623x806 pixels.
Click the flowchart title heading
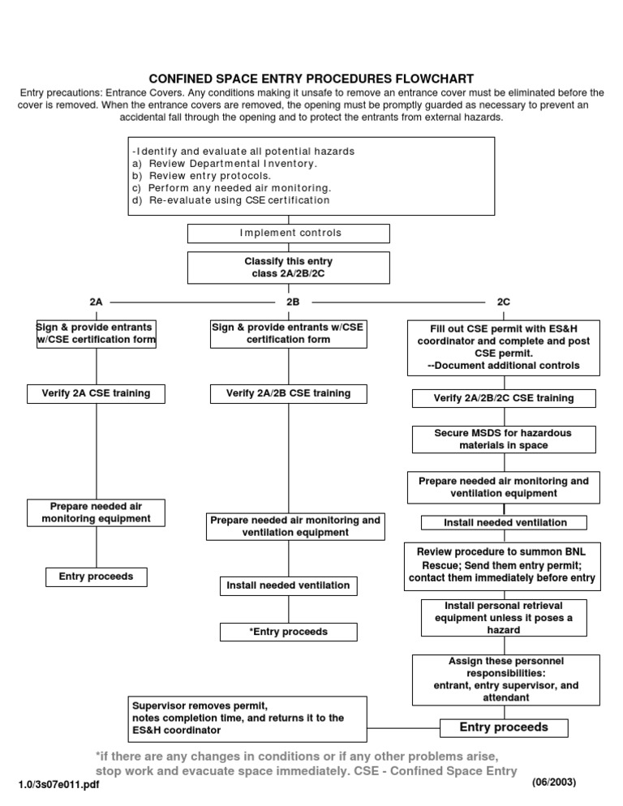point(311,79)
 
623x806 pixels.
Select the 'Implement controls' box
point(289,234)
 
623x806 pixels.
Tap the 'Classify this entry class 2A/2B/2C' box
point(289,268)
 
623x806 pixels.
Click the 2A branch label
point(97,302)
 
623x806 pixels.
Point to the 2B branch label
point(293,302)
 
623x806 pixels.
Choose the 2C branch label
point(503,302)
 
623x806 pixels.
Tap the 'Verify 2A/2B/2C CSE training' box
point(503,398)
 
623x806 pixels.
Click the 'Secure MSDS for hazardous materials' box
point(503,439)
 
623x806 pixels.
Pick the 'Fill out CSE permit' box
point(503,347)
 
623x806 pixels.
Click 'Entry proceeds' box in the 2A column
point(97,577)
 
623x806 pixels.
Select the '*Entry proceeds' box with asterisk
point(288,631)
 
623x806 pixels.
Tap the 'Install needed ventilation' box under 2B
point(288,585)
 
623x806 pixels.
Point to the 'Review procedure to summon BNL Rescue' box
point(503,565)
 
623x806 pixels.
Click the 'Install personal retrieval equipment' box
point(503,618)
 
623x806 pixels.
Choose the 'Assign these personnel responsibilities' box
point(503,680)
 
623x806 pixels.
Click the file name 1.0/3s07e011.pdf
point(58,786)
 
